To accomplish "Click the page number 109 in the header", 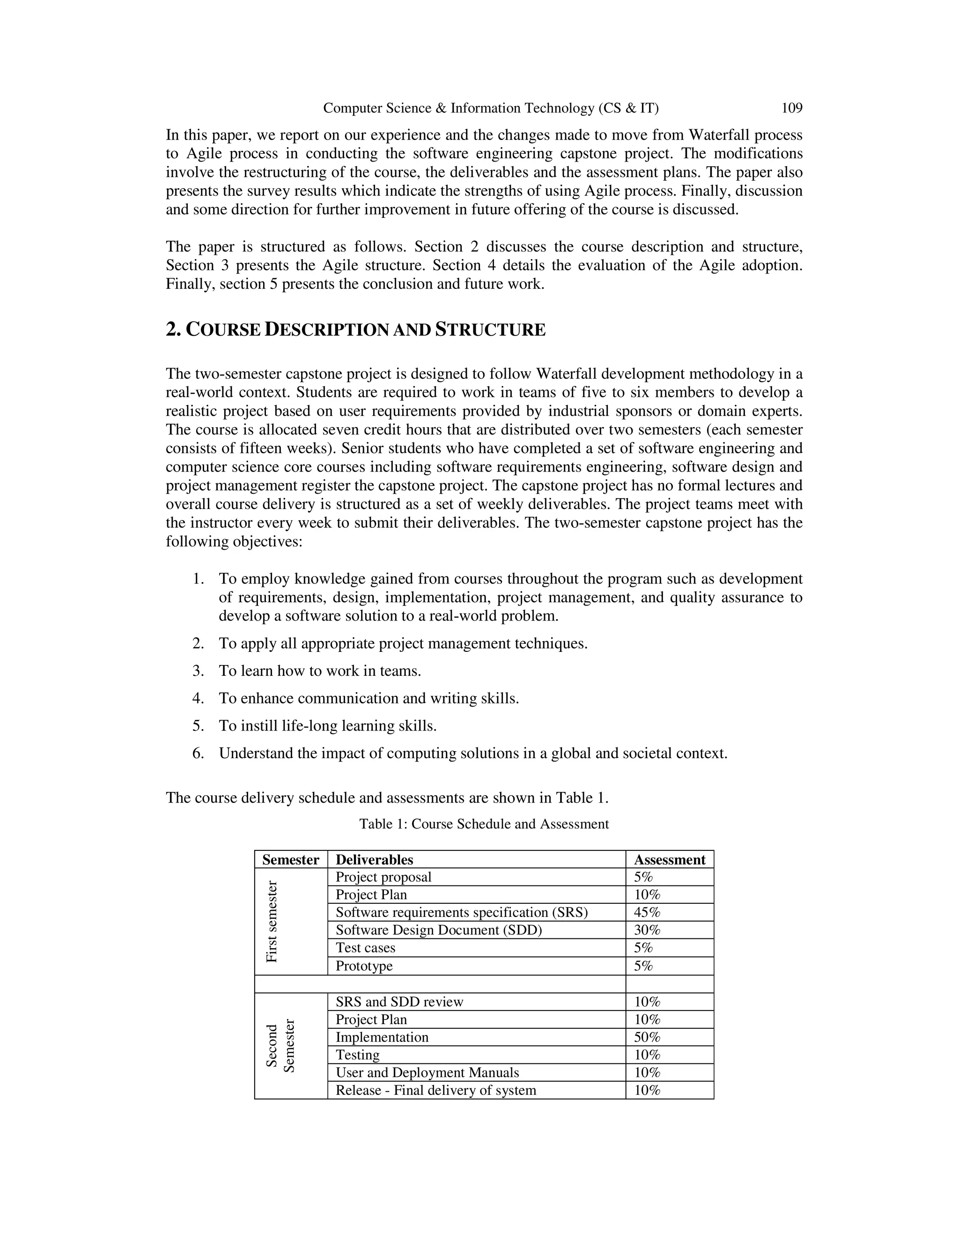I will coord(791,108).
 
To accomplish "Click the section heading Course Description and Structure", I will coord(356,330).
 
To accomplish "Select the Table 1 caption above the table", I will coord(483,824).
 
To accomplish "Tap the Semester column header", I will coord(290,860).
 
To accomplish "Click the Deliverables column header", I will coord(375,860).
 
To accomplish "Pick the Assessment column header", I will coord(669,860).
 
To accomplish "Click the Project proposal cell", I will coord(384,877).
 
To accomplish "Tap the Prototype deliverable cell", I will coord(364,966).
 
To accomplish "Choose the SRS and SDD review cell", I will coord(399,1002).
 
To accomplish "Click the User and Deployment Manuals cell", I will coord(427,1073).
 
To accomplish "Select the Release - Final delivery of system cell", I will coord(436,1090).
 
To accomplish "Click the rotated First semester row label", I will coord(272,921).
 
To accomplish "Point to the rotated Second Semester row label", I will coord(280,1046).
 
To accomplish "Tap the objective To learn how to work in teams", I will coord(320,671).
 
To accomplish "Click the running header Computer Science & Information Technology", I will coord(491,108).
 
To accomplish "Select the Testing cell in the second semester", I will coord(357,1055).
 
